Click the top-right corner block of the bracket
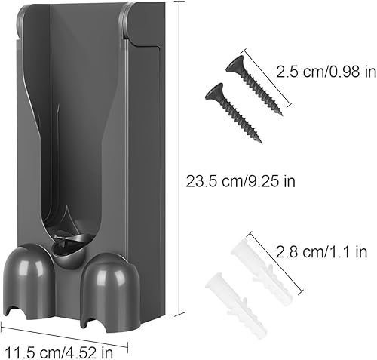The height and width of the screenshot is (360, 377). [143, 23]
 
